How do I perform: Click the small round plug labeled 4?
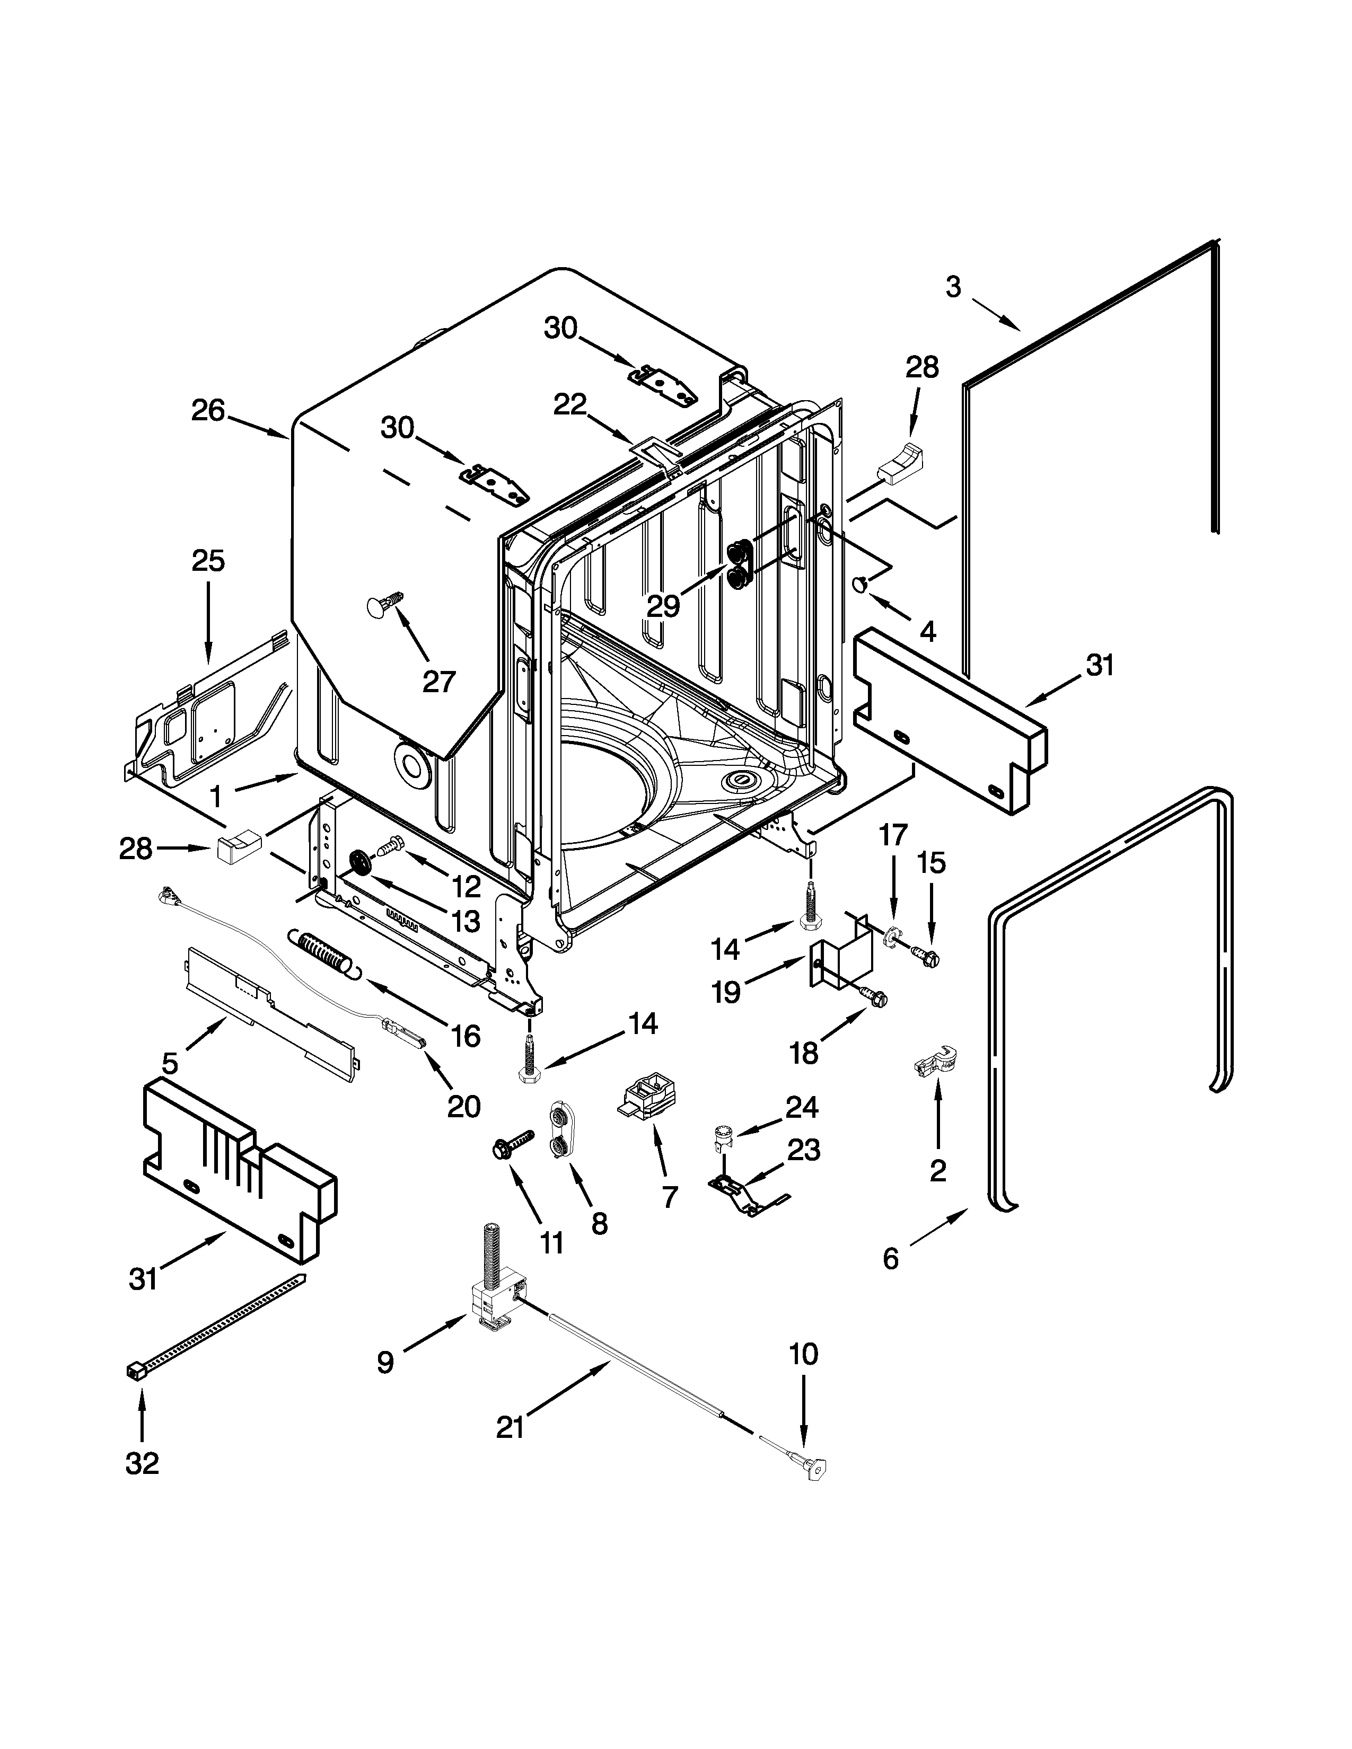coord(859,585)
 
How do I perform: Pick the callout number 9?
coord(385,1362)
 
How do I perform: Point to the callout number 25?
coord(207,561)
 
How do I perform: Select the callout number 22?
coord(570,405)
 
